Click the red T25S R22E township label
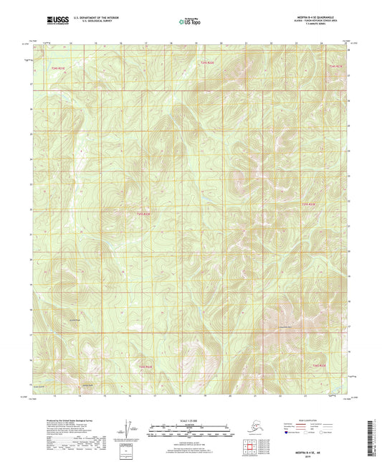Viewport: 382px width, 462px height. (144, 213)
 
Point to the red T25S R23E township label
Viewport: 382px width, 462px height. (308, 204)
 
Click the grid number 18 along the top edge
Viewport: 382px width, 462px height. (171, 43)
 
